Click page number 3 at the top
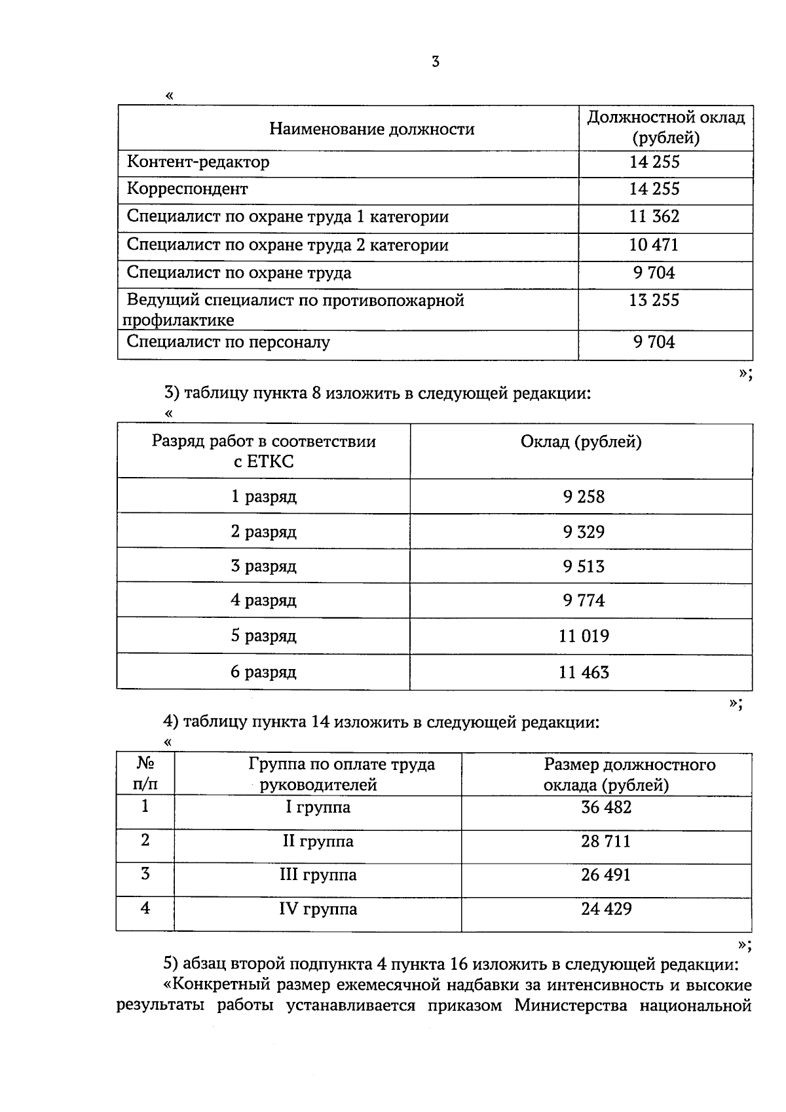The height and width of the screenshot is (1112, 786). tap(436, 62)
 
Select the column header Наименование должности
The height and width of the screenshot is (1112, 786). tap(371, 129)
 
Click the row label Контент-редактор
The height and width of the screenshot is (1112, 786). tap(198, 162)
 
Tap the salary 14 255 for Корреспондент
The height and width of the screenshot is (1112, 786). tap(654, 189)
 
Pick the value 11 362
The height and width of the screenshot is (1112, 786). tap(654, 217)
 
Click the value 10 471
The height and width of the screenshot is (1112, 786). tap(654, 245)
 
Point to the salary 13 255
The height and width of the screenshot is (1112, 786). tap(654, 300)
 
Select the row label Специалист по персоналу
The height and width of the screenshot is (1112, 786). tap(228, 341)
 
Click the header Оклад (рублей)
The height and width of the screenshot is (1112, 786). tap(581, 442)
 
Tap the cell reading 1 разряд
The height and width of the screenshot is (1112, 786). tap(264, 497)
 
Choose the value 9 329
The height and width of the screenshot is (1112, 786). tap(584, 531)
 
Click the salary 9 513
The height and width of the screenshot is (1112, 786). tap(584, 566)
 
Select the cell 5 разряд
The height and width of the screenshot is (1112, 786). tap(263, 636)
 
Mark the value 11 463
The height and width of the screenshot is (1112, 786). tap(584, 672)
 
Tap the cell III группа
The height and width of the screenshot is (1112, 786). tap(318, 875)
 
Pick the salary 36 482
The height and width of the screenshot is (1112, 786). tap(606, 807)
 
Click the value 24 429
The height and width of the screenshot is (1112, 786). tap(606, 909)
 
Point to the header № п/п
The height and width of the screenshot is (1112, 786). tap(145, 773)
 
